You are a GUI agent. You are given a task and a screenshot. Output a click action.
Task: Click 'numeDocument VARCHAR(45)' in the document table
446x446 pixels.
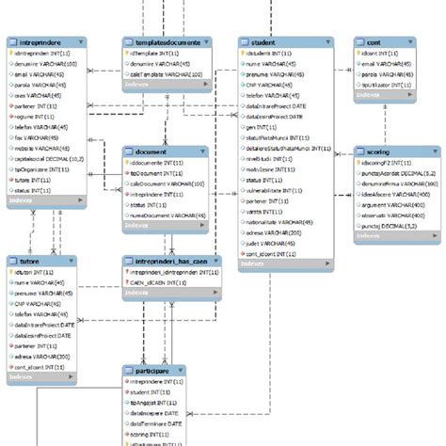click(167, 215)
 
